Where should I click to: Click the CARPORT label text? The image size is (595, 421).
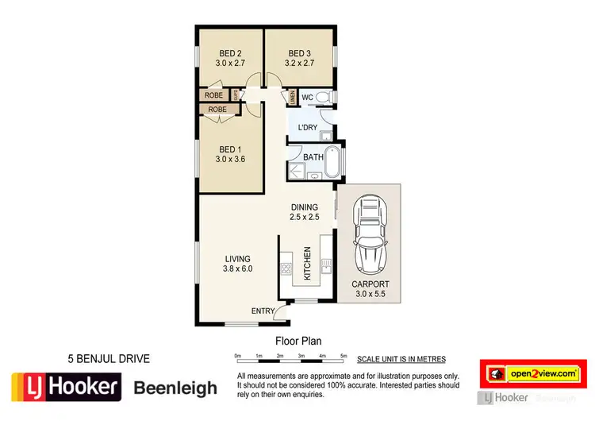tap(370, 284)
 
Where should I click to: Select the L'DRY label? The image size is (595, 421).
tap(308, 128)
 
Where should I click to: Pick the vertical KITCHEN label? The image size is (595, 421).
tap(307, 262)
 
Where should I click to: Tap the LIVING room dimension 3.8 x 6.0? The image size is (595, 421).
tap(237, 268)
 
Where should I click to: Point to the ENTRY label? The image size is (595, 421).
tap(263, 311)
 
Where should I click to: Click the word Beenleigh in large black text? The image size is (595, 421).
tap(175, 388)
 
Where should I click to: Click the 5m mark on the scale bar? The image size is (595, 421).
tap(343, 354)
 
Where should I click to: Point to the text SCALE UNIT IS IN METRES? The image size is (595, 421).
tap(401, 359)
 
